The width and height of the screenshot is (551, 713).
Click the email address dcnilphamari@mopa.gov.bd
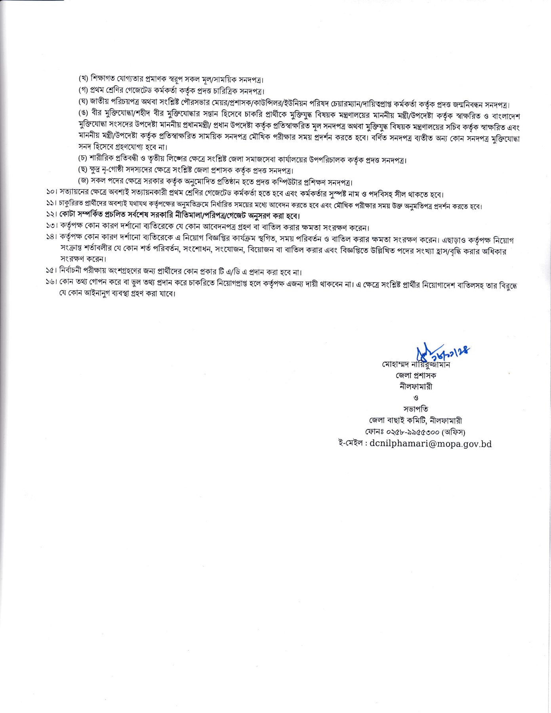tap(430, 444)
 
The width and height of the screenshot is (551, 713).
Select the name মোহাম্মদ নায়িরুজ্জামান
tap(416, 364)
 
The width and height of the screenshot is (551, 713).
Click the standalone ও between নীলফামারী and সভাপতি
tap(416, 398)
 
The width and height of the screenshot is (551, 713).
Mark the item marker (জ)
tap(83, 182)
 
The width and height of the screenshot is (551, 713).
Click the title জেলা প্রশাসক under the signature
tap(416, 375)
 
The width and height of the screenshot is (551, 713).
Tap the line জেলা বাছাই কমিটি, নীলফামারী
tap(415, 421)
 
